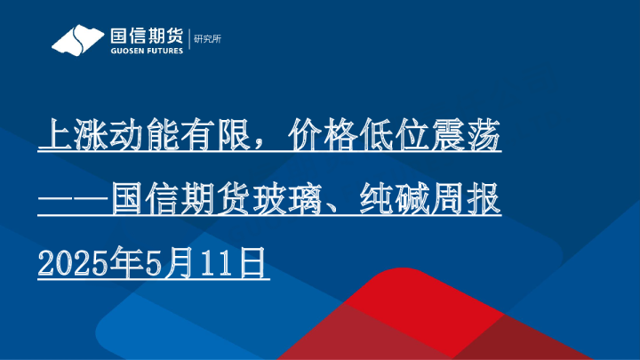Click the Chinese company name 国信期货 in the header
pyautogui.click(x=146, y=36)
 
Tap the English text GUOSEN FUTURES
pyautogui.click(x=146, y=51)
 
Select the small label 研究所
pyautogui.click(x=207, y=40)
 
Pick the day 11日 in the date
pyautogui.click(x=235, y=263)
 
